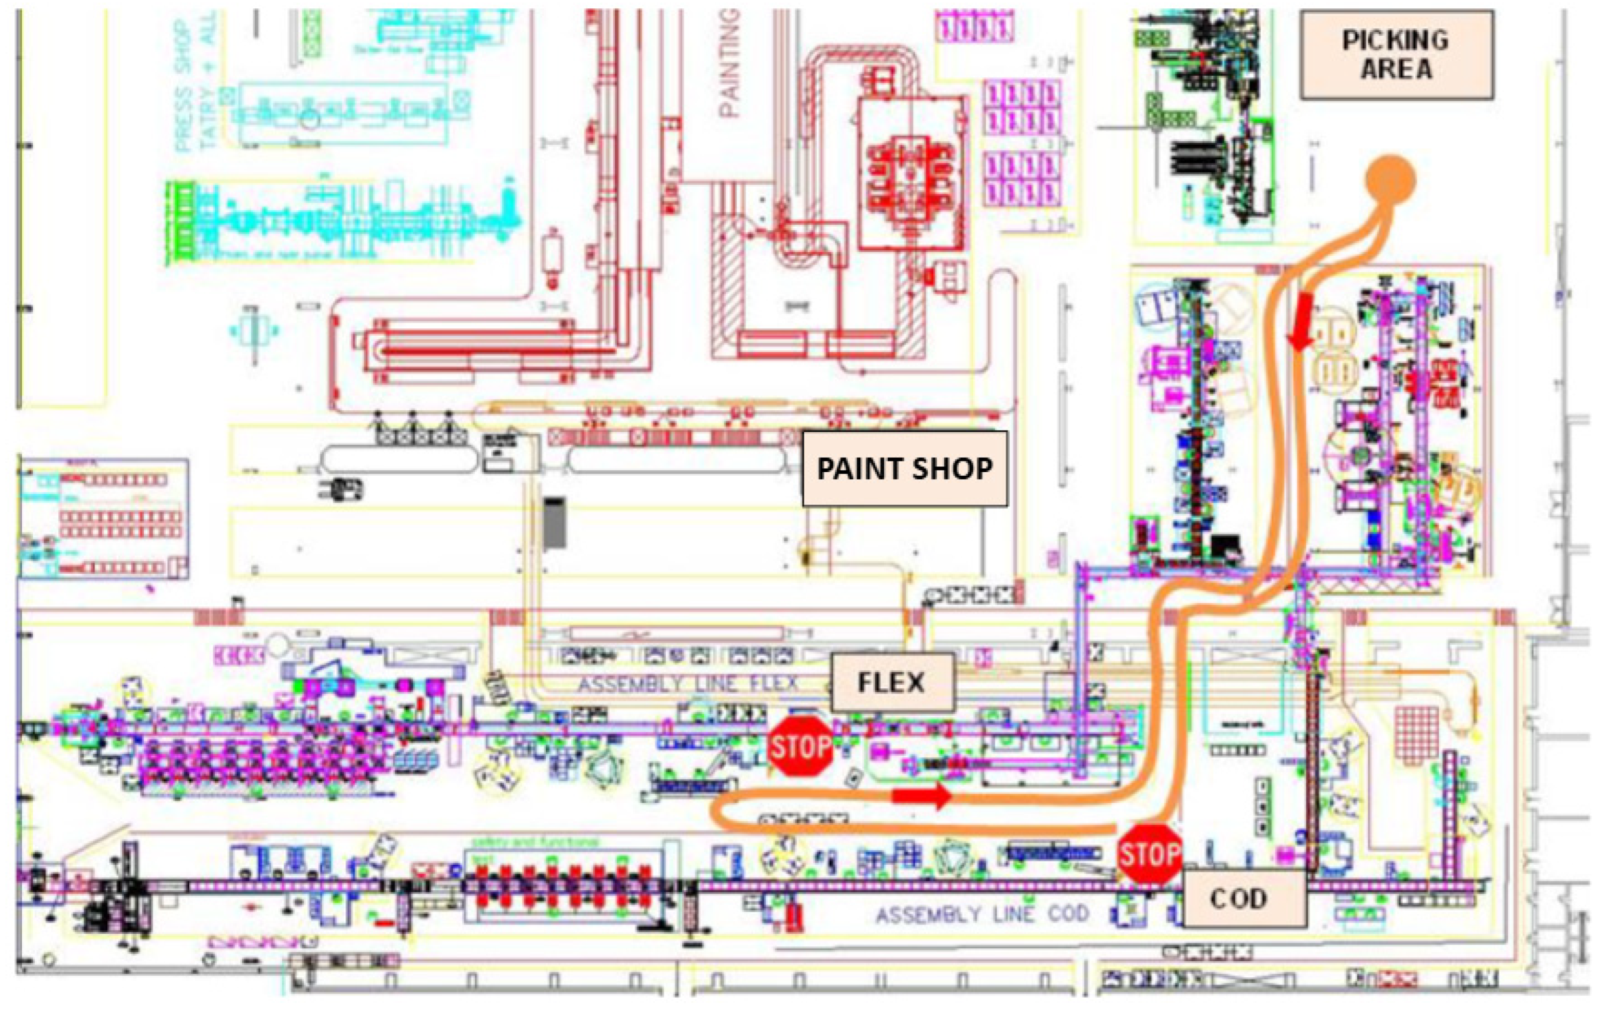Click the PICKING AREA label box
(x=1396, y=55)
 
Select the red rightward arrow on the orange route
(x=922, y=795)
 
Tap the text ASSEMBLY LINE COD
(x=982, y=914)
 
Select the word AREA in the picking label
(x=1396, y=69)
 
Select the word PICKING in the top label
(x=1396, y=40)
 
